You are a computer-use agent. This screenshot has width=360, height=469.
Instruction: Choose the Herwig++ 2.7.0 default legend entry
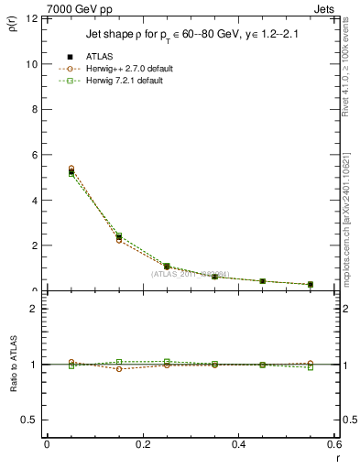119,69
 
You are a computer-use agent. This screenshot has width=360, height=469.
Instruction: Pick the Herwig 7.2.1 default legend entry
116,80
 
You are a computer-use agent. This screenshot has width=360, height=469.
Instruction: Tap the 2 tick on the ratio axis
32,310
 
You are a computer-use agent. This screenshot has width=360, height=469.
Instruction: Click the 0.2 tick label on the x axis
142,445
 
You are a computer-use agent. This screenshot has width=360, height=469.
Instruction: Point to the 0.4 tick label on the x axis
238,445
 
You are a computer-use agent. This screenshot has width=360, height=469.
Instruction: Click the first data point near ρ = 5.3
46,171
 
